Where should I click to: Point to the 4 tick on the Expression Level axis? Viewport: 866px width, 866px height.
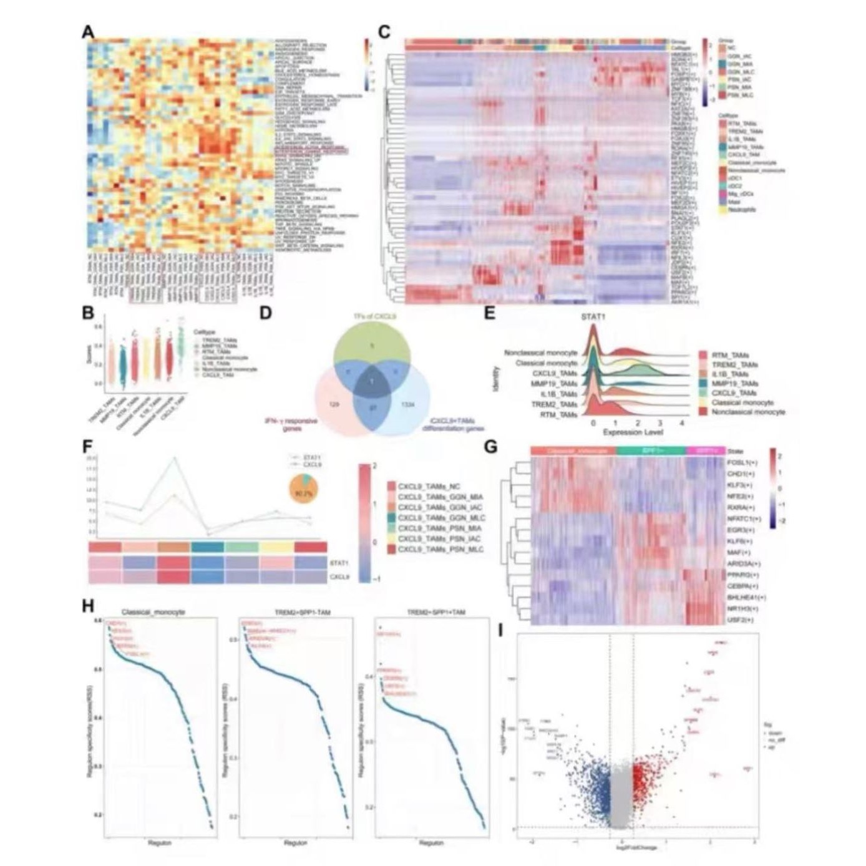coord(682,422)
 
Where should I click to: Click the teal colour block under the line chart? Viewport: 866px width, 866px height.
coord(208,547)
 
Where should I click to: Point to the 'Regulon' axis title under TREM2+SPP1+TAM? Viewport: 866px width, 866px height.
coord(431,842)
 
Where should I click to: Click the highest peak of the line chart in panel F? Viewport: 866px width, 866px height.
coord(174,458)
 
